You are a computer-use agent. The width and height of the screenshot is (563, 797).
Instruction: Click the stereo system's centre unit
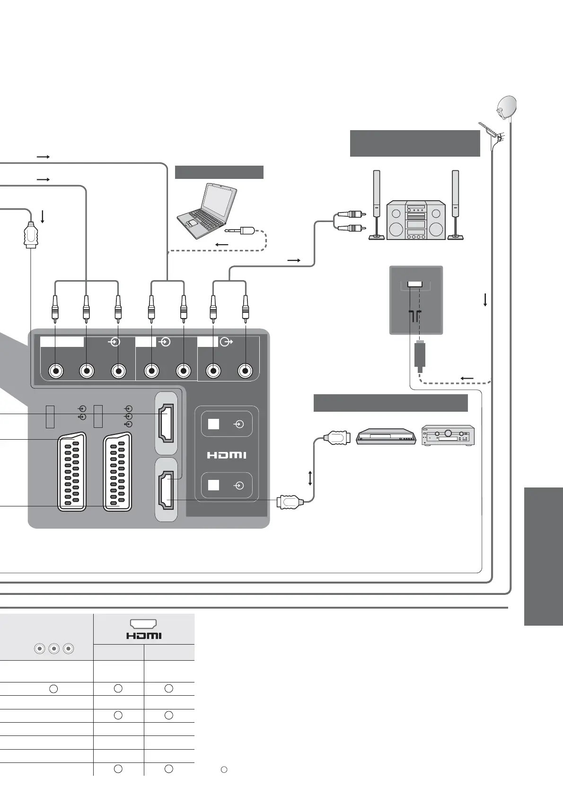(416, 220)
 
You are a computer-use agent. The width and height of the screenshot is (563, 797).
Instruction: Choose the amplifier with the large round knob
(448, 435)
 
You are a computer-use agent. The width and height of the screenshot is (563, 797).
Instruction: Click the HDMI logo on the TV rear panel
(227, 455)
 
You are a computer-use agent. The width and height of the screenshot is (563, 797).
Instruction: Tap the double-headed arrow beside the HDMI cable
(310, 478)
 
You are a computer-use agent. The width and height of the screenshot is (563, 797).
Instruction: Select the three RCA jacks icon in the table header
(54, 649)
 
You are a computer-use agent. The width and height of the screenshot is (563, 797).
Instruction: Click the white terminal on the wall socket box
(415, 284)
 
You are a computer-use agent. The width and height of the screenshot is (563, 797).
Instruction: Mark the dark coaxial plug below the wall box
(420, 354)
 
